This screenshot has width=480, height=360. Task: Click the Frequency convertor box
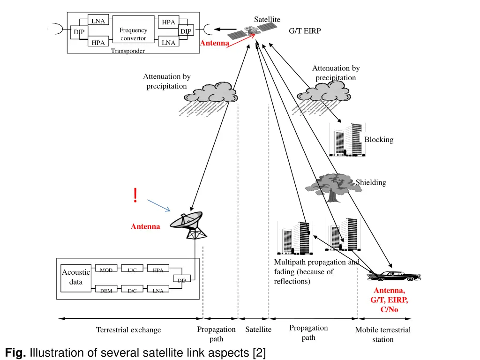pyautogui.click(x=133, y=34)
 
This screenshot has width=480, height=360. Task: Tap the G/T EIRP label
pyautogui.click(x=305, y=31)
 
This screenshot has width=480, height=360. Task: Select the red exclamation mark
pyautogui.click(x=135, y=195)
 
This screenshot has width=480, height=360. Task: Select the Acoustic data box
pyautogui.click(x=75, y=277)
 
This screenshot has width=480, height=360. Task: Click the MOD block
pyautogui.click(x=106, y=270)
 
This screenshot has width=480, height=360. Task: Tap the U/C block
pyautogui.click(x=132, y=270)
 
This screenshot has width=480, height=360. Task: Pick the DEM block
pyautogui.click(x=106, y=291)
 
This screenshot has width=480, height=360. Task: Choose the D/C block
pyautogui.click(x=132, y=291)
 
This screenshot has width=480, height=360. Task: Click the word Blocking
pyautogui.click(x=379, y=140)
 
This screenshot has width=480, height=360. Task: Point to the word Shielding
pyautogui.click(x=371, y=182)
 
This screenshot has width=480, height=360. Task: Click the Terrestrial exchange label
pyautogui.click(x=128, y=330)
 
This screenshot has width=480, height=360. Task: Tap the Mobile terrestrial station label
pyautogui.click(x=383, y=335)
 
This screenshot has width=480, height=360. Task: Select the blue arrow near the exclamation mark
pyautogui.click(x=158, y=205)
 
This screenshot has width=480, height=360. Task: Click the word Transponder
pyautogui.click(x=127, y=51)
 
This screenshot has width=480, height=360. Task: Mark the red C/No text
pyautogui.click(x=389, y=309)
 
